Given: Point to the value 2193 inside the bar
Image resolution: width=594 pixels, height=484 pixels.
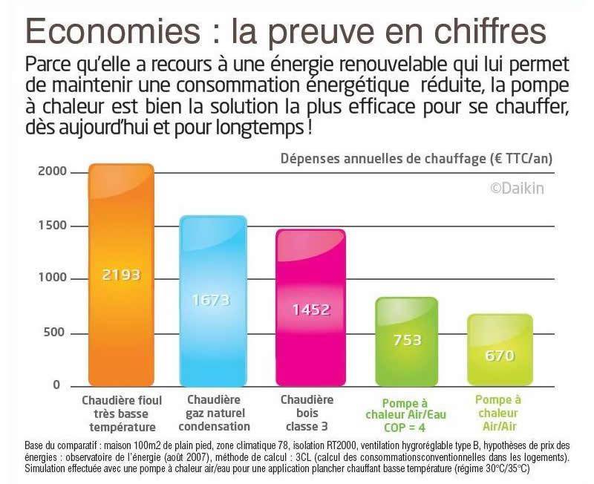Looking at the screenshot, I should coord(121,275).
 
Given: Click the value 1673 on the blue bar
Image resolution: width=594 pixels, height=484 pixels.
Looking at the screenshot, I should coord(212,301).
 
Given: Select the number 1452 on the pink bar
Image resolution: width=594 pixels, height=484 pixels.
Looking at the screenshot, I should coord(310,310).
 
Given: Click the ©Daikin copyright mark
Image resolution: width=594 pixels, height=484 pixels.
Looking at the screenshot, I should coord(517,189).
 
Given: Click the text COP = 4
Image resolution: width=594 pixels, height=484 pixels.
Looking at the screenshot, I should coord(405,428).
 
